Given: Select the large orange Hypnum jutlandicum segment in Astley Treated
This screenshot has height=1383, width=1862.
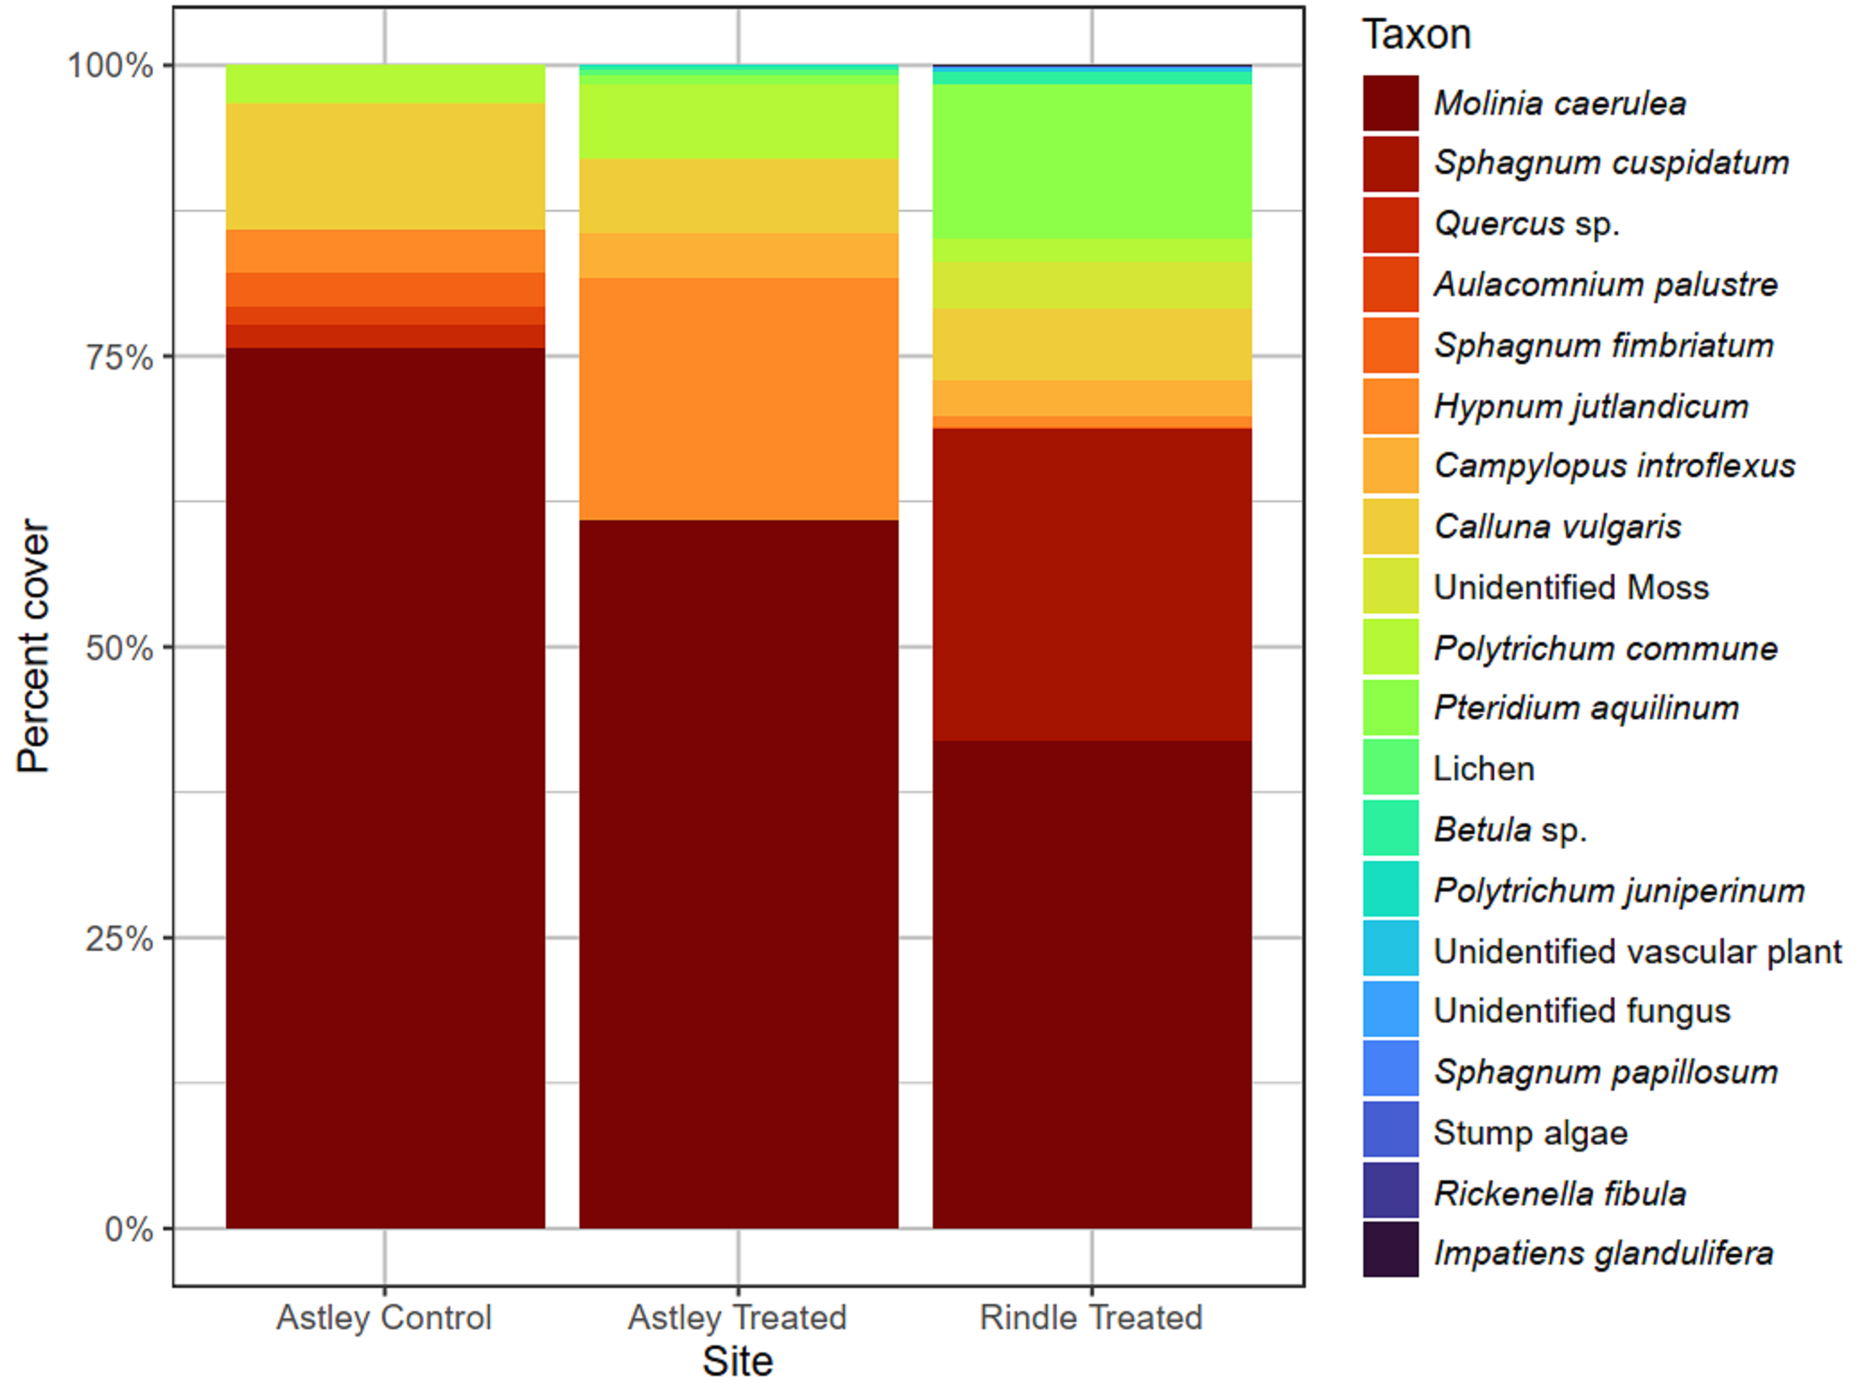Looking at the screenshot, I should (x=738, y=398).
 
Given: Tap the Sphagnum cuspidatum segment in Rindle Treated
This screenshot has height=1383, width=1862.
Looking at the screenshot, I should (x=1092, y=584).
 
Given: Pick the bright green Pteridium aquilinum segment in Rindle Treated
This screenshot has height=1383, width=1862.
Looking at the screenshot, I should (x=1092, y=161).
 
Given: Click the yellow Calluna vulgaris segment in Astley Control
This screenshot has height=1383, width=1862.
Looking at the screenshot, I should (x=385, y=166).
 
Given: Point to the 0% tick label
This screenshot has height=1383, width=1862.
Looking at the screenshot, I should (x=128, y=1229).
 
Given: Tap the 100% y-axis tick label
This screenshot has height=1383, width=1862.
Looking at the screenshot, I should (x=109, y=65).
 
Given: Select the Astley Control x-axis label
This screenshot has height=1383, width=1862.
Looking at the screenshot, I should (x=384, y=1318).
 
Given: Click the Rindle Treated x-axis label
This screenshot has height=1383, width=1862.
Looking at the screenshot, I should (x=1091, y=1318).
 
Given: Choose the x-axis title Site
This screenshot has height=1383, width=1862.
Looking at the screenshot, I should (x=737, y=1361).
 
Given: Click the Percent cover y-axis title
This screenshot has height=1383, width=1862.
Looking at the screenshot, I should (x=34, y=646).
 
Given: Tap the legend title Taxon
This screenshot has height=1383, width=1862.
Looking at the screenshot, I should (x=1416, y=35).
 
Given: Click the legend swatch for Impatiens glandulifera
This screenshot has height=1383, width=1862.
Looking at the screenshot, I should (x=1390, y=1248).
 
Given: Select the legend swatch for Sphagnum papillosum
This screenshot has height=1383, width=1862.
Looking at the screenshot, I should (x=1390, y=1067).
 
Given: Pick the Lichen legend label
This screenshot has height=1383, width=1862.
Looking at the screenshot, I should (x=1484, y=769).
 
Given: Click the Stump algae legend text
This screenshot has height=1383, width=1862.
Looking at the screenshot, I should (x=1530, y=1133).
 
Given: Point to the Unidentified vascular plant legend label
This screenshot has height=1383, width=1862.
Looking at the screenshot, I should (x=1637, y=951).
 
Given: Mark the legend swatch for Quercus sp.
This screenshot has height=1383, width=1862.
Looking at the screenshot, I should (x=1390, y=224).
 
